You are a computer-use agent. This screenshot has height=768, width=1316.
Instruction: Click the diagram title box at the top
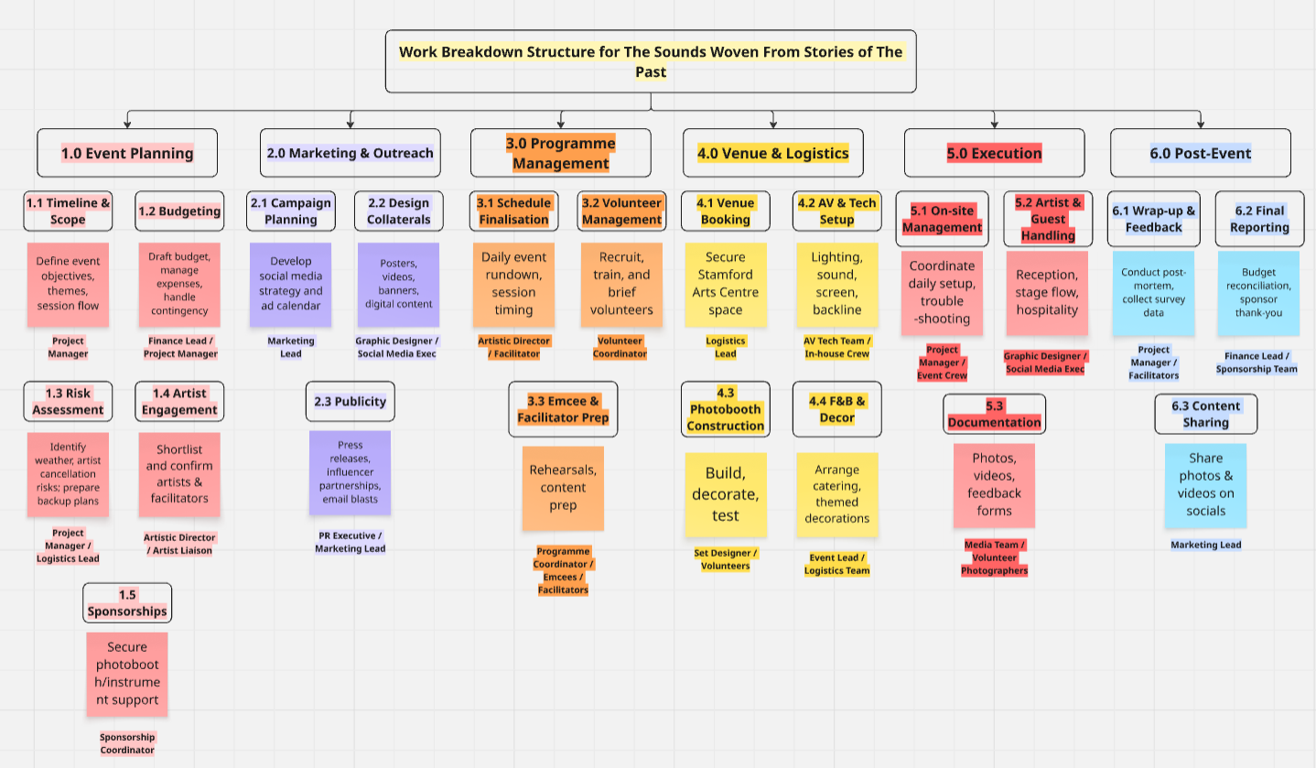[x=651, y=61]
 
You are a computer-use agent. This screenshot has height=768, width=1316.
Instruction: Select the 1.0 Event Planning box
[x=127, y=153]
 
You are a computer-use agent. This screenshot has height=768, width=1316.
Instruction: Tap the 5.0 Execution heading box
[x=994, y=153]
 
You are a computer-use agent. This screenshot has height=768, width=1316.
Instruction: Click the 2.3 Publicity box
[x=351, y=401]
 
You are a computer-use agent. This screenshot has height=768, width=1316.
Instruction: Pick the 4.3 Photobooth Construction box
[x=725, y=409]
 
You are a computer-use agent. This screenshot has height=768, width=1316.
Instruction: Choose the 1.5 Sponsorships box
[x=127, y=603]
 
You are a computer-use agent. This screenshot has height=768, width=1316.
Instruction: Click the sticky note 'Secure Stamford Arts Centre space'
[x=725, y=285]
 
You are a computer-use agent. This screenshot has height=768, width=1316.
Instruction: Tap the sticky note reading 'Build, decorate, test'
[x=725, y=494]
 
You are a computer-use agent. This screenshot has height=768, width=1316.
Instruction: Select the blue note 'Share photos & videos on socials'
[x=1205, y=485]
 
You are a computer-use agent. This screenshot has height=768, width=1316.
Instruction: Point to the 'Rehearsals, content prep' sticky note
[x=563, y=488]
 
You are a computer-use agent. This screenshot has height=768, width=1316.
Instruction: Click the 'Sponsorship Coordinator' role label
[x=127, y=743]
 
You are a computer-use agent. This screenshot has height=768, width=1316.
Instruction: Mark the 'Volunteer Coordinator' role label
[x=620, y=347]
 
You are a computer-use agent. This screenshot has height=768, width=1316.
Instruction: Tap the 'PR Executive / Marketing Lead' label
[x=351, y=542]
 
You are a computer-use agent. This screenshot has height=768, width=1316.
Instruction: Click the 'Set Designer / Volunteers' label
[x=725, y=559]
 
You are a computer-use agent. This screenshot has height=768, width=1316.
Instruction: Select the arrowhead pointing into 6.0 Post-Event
[x=1201, y=124]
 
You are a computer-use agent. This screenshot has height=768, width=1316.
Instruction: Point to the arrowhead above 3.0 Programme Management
[x=560, y=124]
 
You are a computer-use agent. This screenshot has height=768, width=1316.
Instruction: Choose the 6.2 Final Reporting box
[x=1259, y=219]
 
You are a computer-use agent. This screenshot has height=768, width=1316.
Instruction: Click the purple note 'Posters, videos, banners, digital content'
[x=398, y=285]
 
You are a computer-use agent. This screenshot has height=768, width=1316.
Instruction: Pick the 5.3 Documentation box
[x=994, y=414]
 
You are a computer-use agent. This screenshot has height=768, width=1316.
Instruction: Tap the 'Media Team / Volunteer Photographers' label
[x=994, y=557]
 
